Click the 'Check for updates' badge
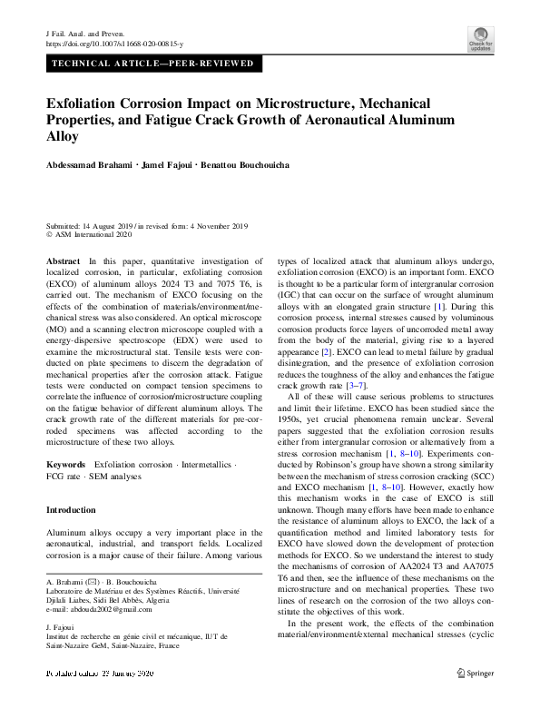[480, 37]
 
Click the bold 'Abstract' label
[63, 261]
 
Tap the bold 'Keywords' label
[66, 464]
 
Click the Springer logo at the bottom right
[475, 673]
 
